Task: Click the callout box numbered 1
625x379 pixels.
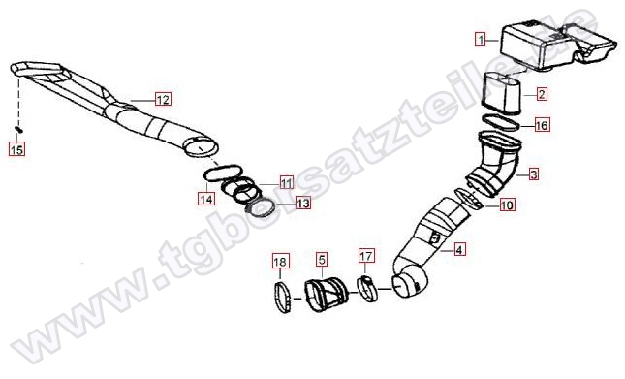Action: pos(481,39)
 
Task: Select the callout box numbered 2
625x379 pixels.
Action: pos(541,94)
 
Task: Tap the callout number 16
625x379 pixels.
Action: pos(542,126)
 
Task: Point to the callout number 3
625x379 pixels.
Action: pos(534,174)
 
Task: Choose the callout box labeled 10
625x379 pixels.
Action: pos(507,205)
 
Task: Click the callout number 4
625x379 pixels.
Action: pos(458,250)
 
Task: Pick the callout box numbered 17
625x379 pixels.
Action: pos(366,256)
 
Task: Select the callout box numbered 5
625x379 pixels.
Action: pos(322,260)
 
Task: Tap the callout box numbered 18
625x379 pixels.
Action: pos(280,262)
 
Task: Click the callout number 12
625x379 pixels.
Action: pos(163,99)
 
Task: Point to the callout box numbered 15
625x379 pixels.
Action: pos(16,150)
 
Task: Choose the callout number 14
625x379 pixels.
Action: pos(206,199)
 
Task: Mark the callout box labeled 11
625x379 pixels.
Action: pos(286,182)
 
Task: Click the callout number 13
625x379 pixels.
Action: pos(303,204)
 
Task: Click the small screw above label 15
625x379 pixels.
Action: pos(18,129)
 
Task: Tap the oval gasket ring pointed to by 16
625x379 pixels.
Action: pos(501,122)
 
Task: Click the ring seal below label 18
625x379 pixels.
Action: pos(282,298)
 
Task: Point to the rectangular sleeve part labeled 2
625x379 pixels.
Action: pos(501,93)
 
